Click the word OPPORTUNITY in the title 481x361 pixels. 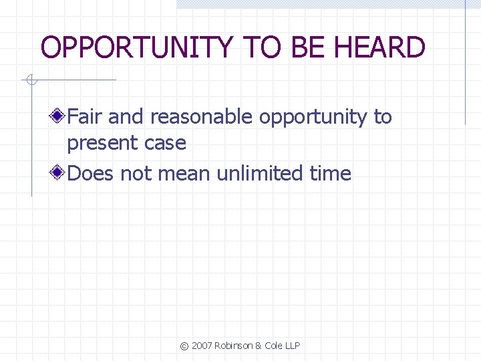[136, 48]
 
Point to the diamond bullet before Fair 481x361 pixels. [59, 117]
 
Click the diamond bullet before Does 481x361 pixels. [59, 174]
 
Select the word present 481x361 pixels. [100, 144]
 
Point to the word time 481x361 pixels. [330, 174]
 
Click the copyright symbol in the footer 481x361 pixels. [184, 346]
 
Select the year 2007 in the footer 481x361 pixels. [202, 346]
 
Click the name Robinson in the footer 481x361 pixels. [234, 346]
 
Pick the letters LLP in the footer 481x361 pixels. [292, 346]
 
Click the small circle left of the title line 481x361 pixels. [30, 82]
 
